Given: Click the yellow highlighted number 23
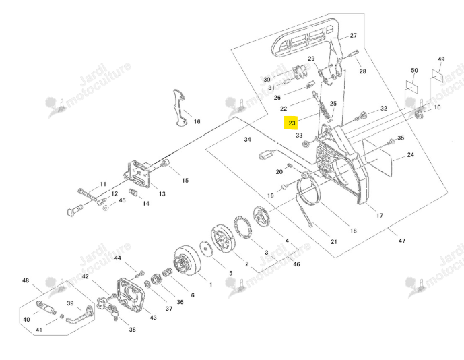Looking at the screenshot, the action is pos(291,123).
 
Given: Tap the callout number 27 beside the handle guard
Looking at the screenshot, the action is pos(354,35).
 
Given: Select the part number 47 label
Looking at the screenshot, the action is pos(401,241).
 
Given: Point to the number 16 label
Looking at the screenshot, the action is pos(197,121).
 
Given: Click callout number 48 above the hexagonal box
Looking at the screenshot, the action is pos(26,280).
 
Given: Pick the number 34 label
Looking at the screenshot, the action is pos(247,139).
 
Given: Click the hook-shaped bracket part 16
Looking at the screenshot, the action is pos(180,107).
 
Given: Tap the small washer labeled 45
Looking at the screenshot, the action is pos(106,208).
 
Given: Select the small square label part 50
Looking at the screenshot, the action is pos(411,85).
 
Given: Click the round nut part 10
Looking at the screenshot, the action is pos(418,115).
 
